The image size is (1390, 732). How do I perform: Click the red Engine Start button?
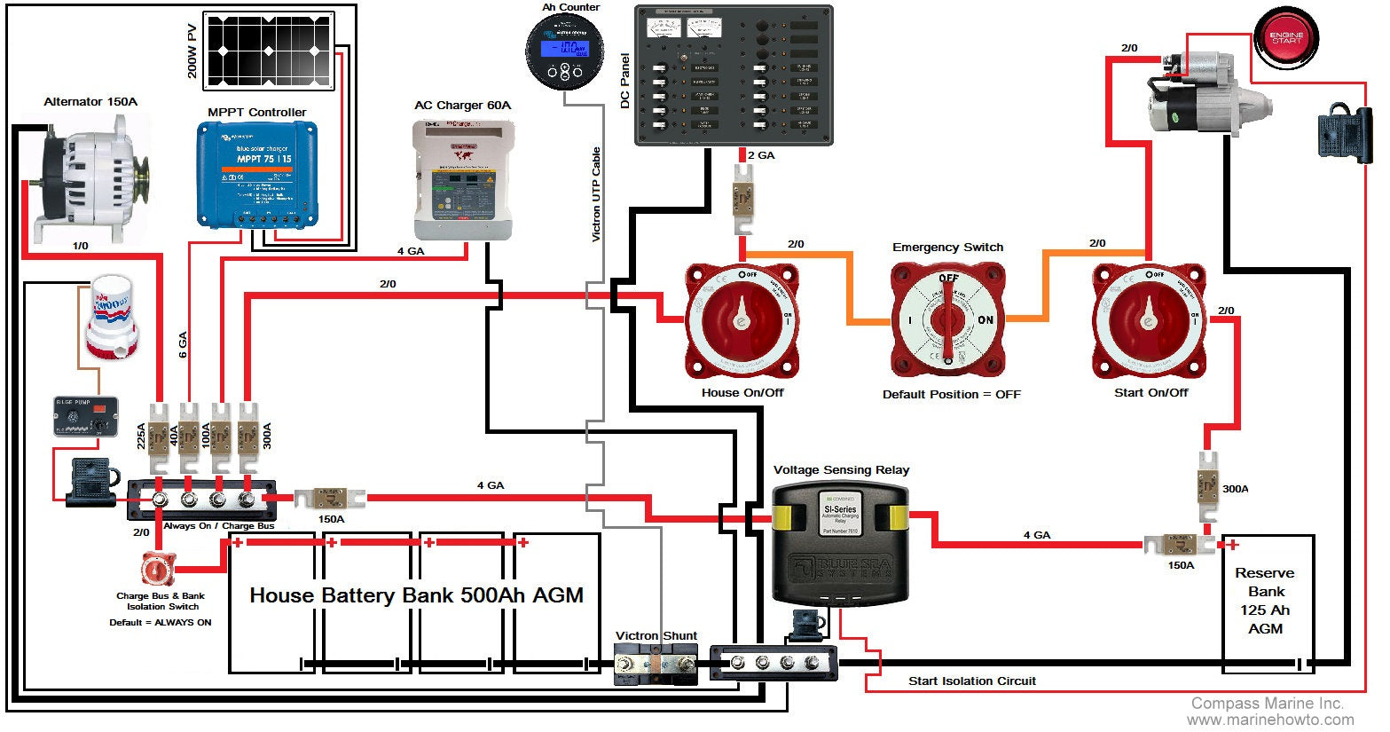pos(1286,39)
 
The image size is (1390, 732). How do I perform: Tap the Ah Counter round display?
pos(564,51)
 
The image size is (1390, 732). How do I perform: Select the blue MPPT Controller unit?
pos(257,173)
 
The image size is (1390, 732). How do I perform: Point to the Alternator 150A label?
pos(90,102)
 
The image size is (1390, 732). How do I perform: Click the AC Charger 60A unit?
pos(462,180)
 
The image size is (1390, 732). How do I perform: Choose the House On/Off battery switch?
pos(742,320)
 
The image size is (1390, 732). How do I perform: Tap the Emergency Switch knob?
pos(948,320)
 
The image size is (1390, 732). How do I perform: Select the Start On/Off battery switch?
pos(1149,320)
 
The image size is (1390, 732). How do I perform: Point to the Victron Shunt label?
pos(656,636)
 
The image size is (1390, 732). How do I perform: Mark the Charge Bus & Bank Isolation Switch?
pos(159,568)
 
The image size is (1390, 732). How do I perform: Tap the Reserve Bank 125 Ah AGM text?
pos(1265,601)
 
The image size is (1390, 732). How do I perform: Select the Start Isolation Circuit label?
pos(971,681)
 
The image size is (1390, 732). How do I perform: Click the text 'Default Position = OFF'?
pos(951,395)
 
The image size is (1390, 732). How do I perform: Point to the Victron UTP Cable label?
pos(596,193)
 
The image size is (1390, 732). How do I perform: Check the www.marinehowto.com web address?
pos(1270,720)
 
